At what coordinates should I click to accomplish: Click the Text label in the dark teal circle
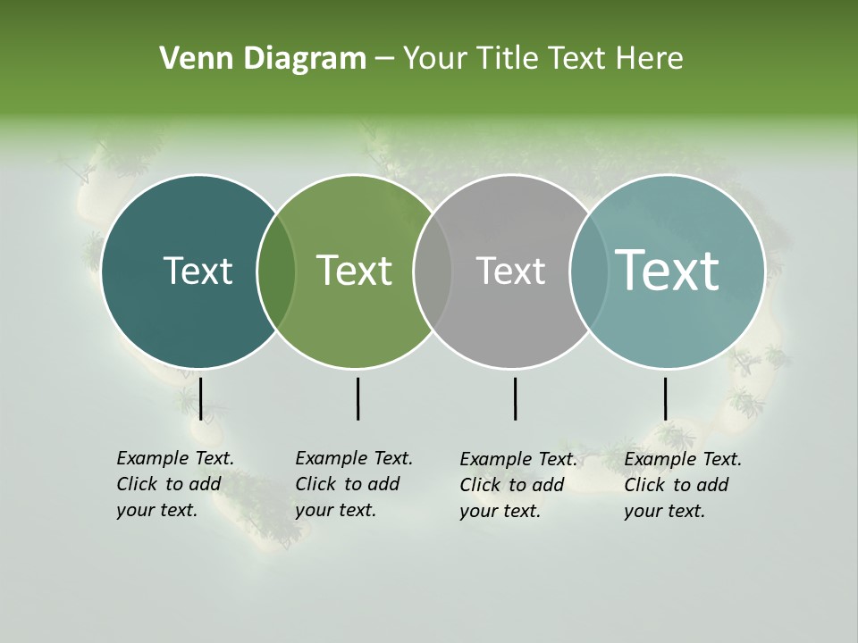(x=198, y=271)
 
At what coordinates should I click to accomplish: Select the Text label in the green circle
(x=355, y=271)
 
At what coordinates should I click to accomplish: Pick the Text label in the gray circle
(x=510, y=271)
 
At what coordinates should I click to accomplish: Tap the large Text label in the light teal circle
(x=668, y=270)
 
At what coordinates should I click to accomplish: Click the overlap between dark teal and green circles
(x=276, y=271)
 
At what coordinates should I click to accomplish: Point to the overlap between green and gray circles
(x=433, y=271)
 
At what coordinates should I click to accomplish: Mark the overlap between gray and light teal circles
(x=588, y=271)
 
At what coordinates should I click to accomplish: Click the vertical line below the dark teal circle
(x=201, y=398)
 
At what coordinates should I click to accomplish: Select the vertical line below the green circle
(x=357, y=398)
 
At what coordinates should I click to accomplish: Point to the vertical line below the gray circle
(x=516, y=398)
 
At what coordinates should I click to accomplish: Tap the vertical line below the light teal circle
(x=666, y=398)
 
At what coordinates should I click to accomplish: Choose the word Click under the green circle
(x=315, y=484)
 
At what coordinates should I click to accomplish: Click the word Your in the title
(x=434, y=59)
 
